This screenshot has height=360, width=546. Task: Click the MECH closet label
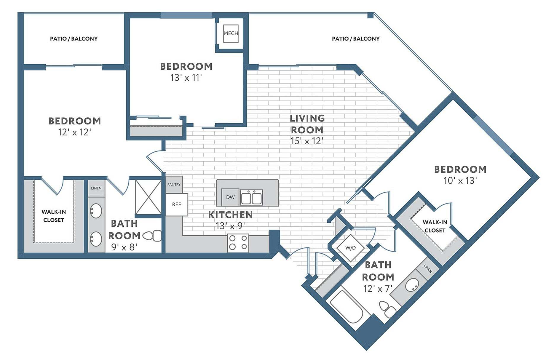coord(231,33)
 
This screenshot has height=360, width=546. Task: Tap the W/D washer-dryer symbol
coord(350,248)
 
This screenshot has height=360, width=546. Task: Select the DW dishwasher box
coord(230,197)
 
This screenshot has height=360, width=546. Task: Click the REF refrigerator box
coord(176,204)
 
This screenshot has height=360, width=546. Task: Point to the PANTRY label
coord(174,185)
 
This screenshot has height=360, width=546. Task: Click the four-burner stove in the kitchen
coord(238,242)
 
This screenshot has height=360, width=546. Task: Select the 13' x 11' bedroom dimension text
coord(186,78)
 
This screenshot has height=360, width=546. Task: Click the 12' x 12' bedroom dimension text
coord(74,132)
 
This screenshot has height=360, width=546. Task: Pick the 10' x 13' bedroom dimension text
coord(460,180)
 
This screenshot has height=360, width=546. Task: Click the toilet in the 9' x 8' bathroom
coord(152,236)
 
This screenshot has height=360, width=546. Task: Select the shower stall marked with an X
coord(148,197)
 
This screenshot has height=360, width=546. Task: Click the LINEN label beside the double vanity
coord(96,188)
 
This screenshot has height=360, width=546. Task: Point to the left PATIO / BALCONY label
coord(74,39)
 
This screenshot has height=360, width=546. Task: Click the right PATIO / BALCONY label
coord(355,39)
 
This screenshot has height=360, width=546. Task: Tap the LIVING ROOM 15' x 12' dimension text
coord(307,141)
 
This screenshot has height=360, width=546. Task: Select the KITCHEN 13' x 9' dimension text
coord(230,226)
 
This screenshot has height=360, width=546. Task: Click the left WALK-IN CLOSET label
coord(54,216)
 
